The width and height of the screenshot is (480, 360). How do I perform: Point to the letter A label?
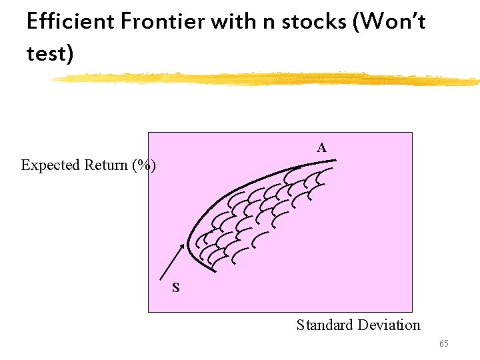point(321,147)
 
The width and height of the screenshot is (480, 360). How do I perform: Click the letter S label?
point(175,288)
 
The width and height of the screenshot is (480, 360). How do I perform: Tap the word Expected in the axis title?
point(50,165)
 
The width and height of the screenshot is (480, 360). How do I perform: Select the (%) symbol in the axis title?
point(145,165)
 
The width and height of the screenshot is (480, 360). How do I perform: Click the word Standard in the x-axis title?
point(325,325)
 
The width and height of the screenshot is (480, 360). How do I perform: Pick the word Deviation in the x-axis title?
point(389,325)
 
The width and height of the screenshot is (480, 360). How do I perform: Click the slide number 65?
point(443,343)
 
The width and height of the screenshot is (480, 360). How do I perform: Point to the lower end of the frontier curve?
point(215,271)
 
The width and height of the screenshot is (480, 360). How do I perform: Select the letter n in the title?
point(268,23)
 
